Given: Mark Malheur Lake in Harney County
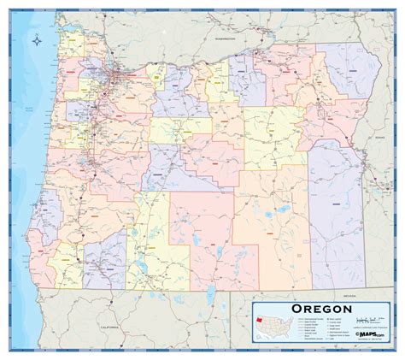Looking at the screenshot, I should pos(279,210).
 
